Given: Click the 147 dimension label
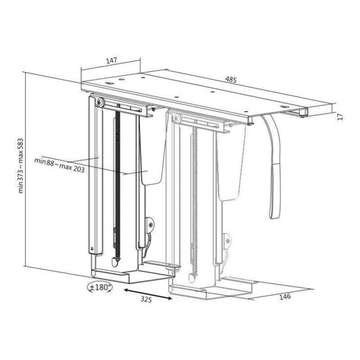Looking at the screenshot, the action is (111, 60).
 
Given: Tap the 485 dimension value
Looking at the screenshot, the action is (231, 79).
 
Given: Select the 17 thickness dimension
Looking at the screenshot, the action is (340, 116).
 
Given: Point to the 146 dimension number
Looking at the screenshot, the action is (285, 297).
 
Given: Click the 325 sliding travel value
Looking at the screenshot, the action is (146, 300).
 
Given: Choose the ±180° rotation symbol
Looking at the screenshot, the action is (99, 287).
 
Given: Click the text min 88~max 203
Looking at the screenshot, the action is (59, 165).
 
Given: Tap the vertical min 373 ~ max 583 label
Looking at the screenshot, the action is (21, 166).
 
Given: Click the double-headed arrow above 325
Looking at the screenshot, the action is (148, 293).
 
